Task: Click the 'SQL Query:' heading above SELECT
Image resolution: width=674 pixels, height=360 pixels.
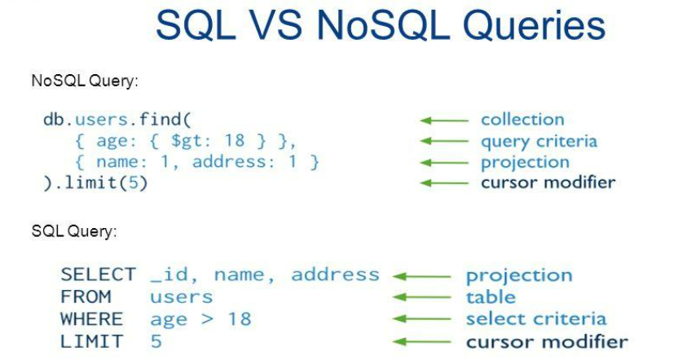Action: click(x=73, y=231)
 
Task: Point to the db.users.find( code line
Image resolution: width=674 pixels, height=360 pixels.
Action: click(x=117, y=120)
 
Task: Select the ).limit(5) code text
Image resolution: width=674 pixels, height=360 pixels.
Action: click(x=95, y=182)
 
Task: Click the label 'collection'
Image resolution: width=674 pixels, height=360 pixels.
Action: click(x=522, y=120)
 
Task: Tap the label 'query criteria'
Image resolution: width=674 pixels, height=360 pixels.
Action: click(x=539, y=141)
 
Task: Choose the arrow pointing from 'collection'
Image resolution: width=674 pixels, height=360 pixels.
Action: click(x=445, y=121)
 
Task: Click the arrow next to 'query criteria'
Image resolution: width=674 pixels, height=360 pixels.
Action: click(x=445, y=142)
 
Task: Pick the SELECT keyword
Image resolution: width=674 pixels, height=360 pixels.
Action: click(x=98, y=274)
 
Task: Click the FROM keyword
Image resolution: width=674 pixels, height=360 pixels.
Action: click(x=86, y=296)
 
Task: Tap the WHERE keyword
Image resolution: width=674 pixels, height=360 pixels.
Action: click(x=91, y=318)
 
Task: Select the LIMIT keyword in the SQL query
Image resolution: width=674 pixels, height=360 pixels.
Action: click(x=91, y=340)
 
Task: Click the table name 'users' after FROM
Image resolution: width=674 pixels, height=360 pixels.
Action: click(x=181, y=296)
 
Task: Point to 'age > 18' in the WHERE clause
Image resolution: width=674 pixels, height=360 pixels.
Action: click(x=200, y=318)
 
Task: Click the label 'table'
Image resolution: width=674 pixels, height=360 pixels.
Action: click(x=491, y=296)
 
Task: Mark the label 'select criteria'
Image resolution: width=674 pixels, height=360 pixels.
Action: click(x=535, y=318)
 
